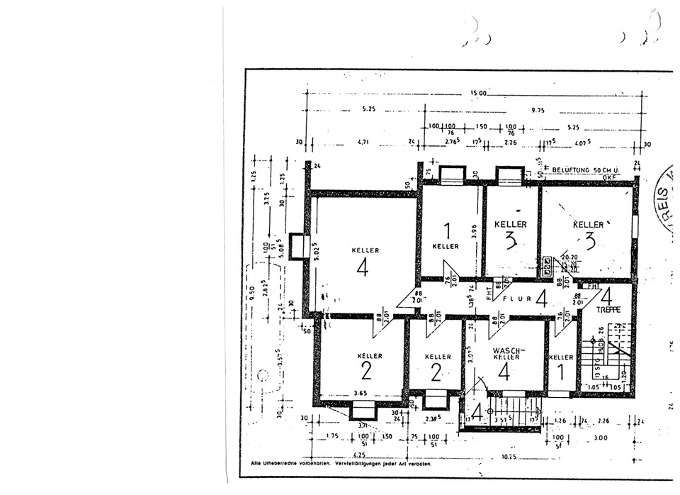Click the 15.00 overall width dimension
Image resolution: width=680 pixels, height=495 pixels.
point(478,93)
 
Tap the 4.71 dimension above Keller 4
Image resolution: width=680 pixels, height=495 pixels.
point(364,143)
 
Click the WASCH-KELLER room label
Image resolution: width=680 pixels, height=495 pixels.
point(506,353)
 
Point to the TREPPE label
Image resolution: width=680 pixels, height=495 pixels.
point(608,310)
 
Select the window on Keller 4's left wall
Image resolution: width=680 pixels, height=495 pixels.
point(298,246)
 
